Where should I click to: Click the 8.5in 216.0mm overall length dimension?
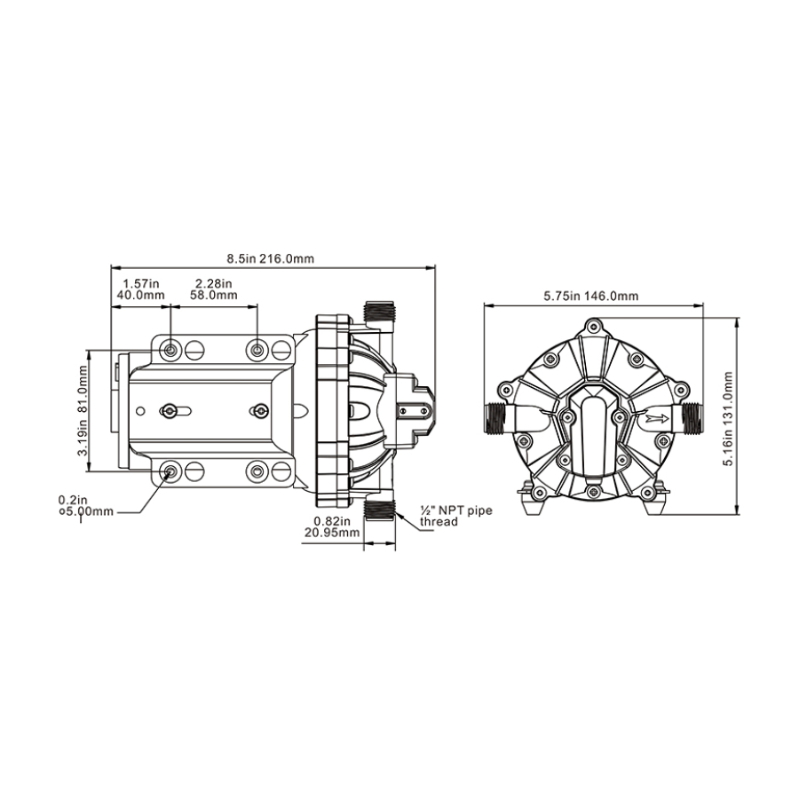click(x=271, y=258)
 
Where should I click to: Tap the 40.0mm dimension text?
click(x=140, y=295)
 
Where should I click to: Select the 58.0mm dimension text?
click(x=213, y=295)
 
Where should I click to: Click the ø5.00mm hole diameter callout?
click(x=85, y=511)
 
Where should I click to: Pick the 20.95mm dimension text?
click(x=332, y=533)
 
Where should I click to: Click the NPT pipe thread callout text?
click(x=456, y=516)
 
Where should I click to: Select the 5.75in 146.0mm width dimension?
click(x=590, y=296)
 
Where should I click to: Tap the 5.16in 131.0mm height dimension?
click(x=728, y=418)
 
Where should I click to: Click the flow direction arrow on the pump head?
click(x=657, y=419)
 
